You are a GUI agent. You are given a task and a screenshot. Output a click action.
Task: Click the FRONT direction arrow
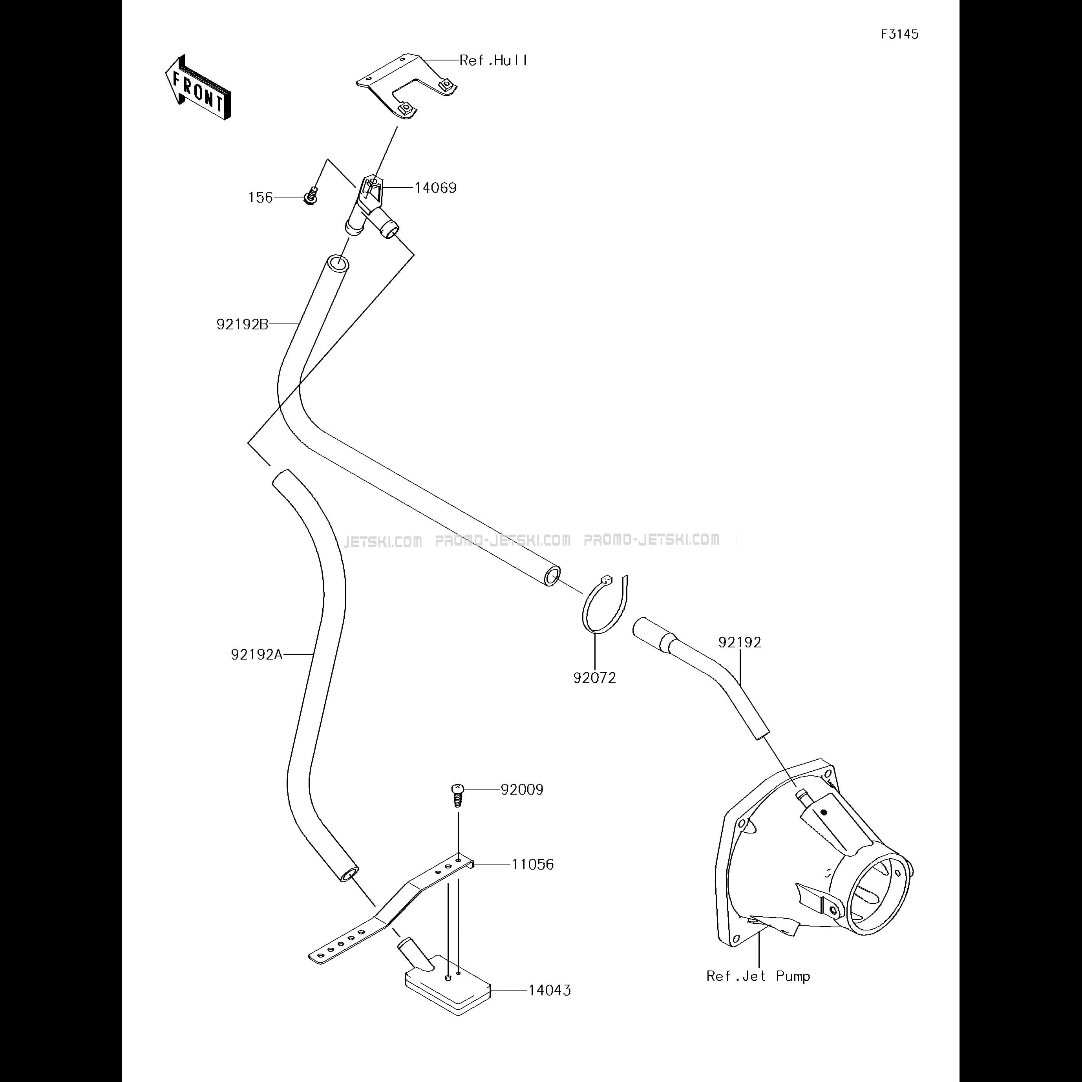coord(198,88)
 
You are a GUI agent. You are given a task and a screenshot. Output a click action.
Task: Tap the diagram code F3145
coord(899,34)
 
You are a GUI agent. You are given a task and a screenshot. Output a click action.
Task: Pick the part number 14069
coord(435,188)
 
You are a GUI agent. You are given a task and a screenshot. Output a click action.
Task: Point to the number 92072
coord(594,678)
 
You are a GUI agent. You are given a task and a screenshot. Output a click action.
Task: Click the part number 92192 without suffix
coord(740,642)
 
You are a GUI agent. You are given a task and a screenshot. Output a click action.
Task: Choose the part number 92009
coord(522,790)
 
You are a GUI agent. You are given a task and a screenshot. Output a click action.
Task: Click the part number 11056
coord(533,865)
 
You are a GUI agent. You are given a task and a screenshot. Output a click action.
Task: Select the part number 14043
coord(550,990)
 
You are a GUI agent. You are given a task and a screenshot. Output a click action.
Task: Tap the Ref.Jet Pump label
coord(758,976)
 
